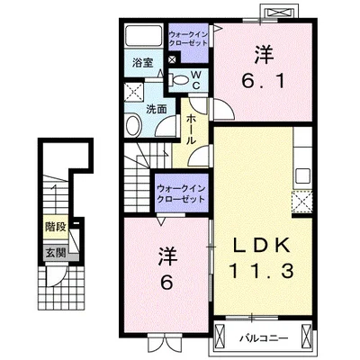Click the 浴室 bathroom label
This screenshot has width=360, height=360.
[143, 63]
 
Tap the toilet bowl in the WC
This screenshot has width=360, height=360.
[179, 80]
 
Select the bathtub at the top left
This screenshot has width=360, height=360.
[143, 36]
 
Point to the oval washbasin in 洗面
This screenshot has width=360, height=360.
[133, 126]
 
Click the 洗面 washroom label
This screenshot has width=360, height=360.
[157, 109]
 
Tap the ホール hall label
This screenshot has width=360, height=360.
[192, 130]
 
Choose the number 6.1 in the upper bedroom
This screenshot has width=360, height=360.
[263, 81]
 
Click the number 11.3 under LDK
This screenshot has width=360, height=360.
[261, 272]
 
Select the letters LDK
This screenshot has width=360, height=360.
[261, 245]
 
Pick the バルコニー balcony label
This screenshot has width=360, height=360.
[264, 338]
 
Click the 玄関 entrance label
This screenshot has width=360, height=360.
[56, 254]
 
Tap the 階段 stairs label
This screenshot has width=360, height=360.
[56, 227]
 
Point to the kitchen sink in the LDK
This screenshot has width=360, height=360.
[302, 175]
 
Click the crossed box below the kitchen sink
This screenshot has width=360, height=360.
[302, 202]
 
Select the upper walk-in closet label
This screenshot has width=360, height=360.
[188, 39]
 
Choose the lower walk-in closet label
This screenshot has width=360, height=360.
[181, 193]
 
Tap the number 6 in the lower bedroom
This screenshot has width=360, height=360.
[166, 282]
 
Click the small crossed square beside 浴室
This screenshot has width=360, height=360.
[173, 59]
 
